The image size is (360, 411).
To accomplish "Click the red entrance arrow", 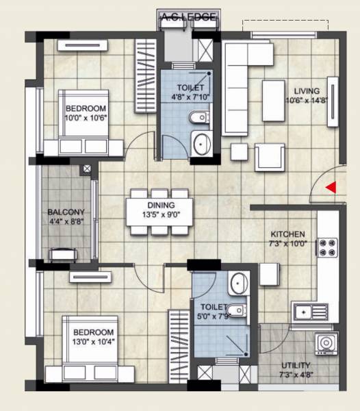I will (x=331, y=187).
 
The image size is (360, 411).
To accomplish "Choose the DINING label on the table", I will (x=159, y=205).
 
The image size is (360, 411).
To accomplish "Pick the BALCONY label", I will (x=66, y=212).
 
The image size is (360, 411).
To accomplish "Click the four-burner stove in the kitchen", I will (x=328, y=247).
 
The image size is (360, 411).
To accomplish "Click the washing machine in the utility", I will (x=326, y=343).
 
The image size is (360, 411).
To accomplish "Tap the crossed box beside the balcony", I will (x=86, y=169).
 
